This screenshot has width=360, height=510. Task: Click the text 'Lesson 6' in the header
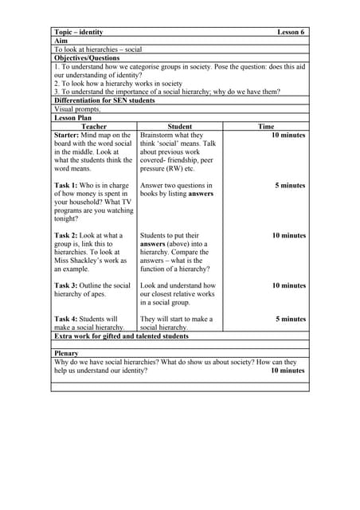click(x=291, y=32)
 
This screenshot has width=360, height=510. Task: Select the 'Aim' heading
click(x=61, y=41)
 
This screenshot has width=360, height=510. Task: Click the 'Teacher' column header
click(x=94, y=127)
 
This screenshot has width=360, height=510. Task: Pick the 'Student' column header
click(x=180, y=127)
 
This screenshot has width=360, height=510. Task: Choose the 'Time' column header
click(x=266, y=127)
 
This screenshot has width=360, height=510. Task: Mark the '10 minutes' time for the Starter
click(x=288, y=135)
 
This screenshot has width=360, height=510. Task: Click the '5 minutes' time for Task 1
click(x=290, y=186)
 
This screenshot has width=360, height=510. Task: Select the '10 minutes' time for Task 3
click(x=288, y=285)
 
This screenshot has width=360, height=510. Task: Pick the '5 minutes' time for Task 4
click(x=290, y=319)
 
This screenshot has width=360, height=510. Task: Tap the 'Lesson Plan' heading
click(x=73, y=118)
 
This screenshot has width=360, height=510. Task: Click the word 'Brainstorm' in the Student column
click(x=158, y=135)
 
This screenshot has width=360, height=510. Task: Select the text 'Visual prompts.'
click(x=77, y=109)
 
